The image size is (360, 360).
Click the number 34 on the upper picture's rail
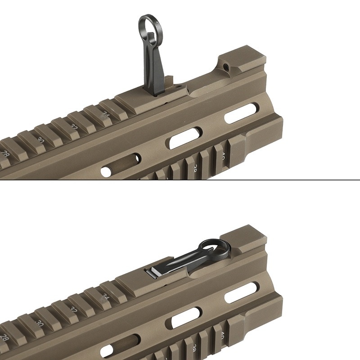tap(106, 114)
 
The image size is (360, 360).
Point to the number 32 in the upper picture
tap(74, 127)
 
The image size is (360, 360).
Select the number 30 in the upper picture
tap(40, 140)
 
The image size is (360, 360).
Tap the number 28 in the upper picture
tap(5, 153)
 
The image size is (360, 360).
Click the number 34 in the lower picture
tap(106, 297)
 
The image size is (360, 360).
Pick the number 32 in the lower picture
tap(74, 310)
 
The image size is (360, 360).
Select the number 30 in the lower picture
tap(40, 323)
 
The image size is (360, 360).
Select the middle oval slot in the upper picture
tap(184, 138)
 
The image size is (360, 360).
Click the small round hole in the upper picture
tap(106, 172)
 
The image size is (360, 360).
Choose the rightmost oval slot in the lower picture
tap(241, 292)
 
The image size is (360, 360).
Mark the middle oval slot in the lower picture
tap(184, 318)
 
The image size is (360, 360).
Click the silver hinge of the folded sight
tap(153, 272)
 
